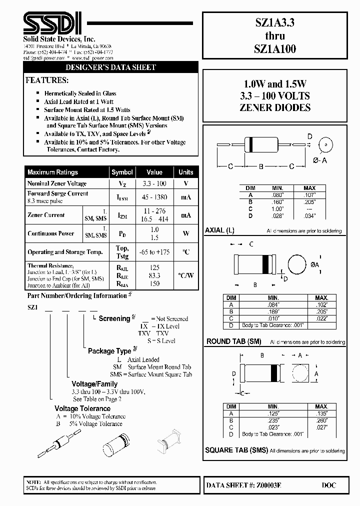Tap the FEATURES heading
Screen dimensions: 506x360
tap(46, 80)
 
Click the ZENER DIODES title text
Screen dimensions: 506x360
tap(276, 107)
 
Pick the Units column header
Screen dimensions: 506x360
tap(185, 172)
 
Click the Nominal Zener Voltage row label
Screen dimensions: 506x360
tap(57, 184)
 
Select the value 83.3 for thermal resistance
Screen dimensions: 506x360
tap(154, 275)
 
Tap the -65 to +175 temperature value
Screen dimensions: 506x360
tap(154, 252)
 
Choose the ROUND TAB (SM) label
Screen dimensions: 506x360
tap(234, 341)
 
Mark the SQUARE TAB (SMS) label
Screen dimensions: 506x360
tap(236, 450)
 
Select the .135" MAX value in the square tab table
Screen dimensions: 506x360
tap(322, 413)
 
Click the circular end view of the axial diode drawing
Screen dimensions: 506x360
tap(326, 145)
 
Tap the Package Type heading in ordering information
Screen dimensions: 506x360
tap(109, 351)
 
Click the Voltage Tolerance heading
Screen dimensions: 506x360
tap(82, 408)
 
